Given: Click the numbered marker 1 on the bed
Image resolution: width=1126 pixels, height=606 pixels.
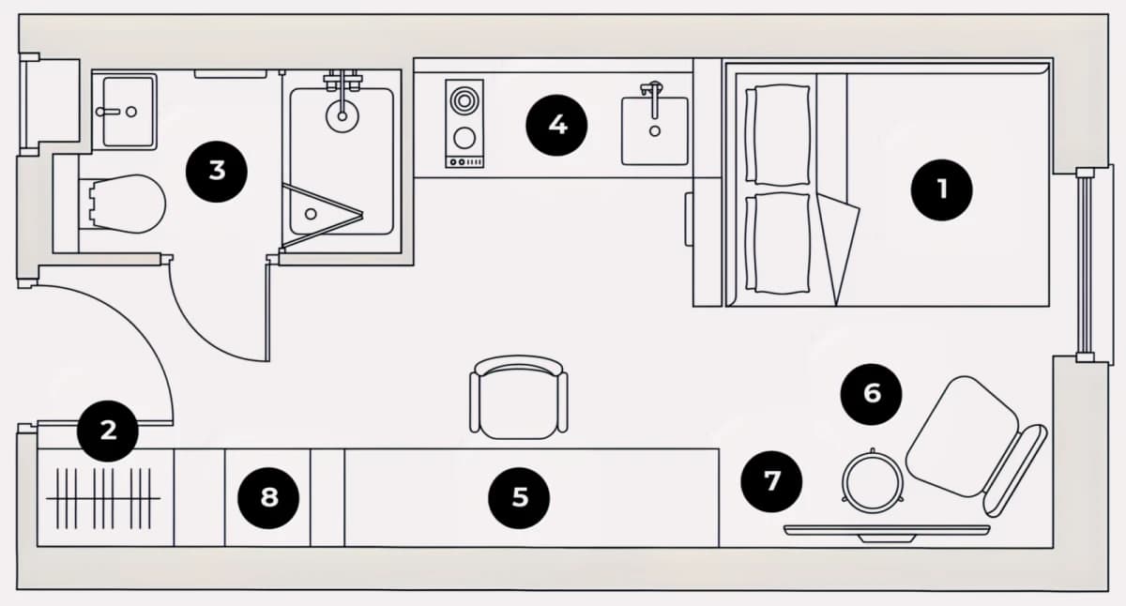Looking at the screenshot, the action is pyautogui.click(x=941, y=189).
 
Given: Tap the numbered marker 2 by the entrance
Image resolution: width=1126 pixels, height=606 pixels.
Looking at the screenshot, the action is pyautogui.click(x=108, y=432).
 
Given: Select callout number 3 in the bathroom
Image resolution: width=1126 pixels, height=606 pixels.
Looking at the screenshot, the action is pyautogui.click(x=217, y=172).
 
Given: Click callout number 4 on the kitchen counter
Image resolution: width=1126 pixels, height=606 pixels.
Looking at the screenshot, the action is pyautogui.click(x=556, y=125).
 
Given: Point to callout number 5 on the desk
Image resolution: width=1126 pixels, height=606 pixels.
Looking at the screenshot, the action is pyautogui.click(x=519, y=498).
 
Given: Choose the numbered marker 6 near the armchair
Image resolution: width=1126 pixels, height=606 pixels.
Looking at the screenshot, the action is pyautogui.click(x=871, y=394).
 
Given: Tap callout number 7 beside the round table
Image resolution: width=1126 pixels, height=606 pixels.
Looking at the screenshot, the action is pyautogui.click(x=771, y=481).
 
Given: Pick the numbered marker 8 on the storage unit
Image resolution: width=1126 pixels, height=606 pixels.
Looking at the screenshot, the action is pyautogui.click(x=268, y=498).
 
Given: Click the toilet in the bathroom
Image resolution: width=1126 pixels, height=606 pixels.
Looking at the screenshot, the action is pyautogui.click(x=127, y=204).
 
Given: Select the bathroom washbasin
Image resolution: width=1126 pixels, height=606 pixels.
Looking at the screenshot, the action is pyautogui.click(x=129, y=112).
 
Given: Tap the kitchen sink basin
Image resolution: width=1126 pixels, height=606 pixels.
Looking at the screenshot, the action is pyautogui.click(x=655, y=130).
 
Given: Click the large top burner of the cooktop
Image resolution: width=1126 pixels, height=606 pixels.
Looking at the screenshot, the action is pyautogui.click(x=464, y=101).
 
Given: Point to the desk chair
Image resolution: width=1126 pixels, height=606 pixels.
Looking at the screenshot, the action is pyautogui.click(x=519, y=398).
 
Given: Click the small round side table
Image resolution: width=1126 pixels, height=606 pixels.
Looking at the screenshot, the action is pyautogui.click(x=873, y=481).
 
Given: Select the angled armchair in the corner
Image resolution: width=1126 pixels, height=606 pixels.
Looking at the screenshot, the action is pyautogui.click(x=975, y=447).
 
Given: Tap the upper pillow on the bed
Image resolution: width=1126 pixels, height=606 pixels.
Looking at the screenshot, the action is pyautogui.click(x=778, y=135).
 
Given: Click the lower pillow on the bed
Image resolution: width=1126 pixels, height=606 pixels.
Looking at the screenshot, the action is pyautogui.click(x=778, y=243).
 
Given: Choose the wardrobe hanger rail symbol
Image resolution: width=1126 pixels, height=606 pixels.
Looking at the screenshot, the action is pyautogui.click(x=103, y=498).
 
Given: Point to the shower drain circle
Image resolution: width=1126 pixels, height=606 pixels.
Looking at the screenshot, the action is pyautogui.click(x=311, y=214).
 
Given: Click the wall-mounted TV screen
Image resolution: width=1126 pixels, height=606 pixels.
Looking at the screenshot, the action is pyautogui.click(x=888, y=531).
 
